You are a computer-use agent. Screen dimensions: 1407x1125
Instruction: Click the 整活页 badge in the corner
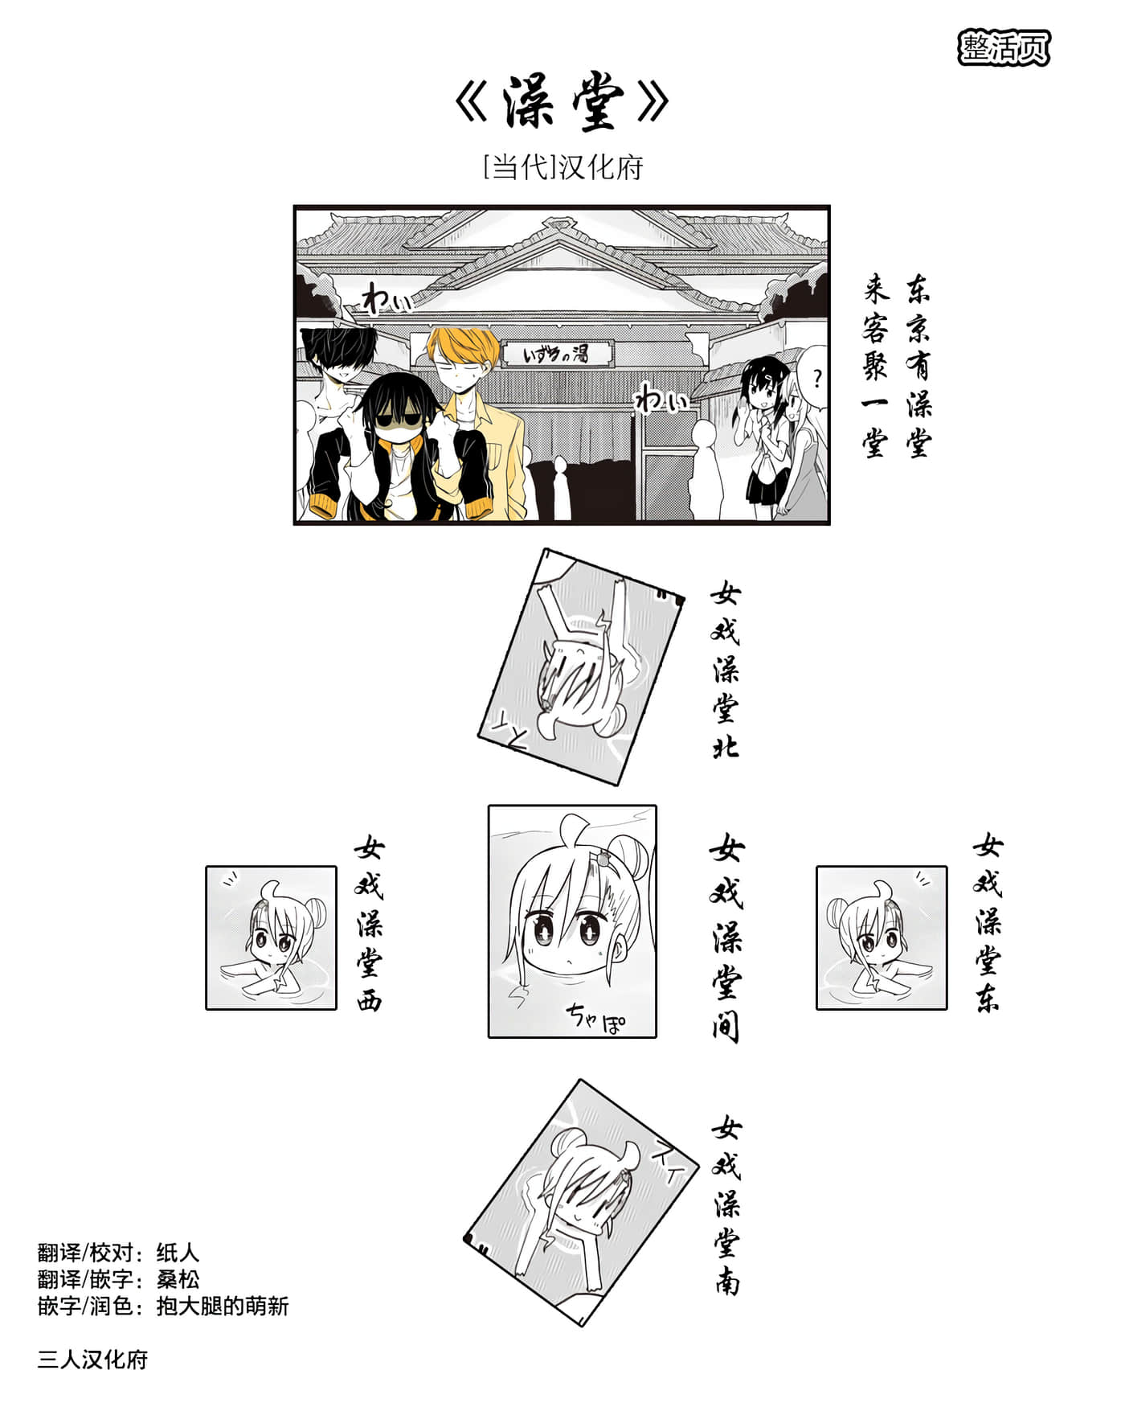(1004, 48)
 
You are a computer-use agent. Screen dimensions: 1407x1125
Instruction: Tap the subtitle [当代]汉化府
(562, 167)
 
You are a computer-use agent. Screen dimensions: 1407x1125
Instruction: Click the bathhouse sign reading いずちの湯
(557, 353)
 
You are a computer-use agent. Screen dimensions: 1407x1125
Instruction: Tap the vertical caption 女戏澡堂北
(725, 671)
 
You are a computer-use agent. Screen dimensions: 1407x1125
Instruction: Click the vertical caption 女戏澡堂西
(370, 924)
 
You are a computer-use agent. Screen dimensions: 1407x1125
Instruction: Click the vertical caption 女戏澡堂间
(727, 937)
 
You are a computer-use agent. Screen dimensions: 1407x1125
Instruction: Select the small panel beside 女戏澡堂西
(271, 937)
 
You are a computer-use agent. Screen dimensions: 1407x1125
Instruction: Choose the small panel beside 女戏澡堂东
(882, 937)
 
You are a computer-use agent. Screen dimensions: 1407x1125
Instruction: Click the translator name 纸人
(178, 1253)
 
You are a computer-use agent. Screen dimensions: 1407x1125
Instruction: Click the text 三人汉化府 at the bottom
(92, 1360)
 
